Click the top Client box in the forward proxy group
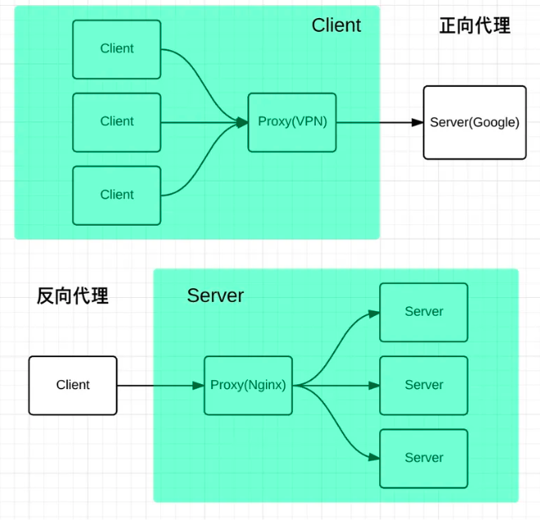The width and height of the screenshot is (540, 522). coord(117,49)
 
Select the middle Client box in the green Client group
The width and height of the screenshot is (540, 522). coord(117,122)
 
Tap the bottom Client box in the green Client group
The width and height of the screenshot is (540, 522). coord(117,195)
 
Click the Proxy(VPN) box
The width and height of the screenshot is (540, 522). coord(292,122)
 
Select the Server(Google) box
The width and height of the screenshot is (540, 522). coord(474,122)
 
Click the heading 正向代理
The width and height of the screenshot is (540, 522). coord(474,26)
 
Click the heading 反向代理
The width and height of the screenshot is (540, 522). coord(72,296)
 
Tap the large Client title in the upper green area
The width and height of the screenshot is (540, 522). coord(336,25)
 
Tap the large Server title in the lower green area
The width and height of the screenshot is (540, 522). coord(215,295)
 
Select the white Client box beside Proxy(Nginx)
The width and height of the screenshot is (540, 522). coord(73,385)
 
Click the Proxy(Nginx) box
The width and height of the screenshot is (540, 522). coord(248,385)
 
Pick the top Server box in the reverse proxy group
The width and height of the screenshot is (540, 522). coord(423,312)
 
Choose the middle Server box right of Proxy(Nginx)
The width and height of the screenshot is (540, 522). coord(423,385)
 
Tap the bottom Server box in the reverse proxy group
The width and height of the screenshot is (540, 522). coord(423,458)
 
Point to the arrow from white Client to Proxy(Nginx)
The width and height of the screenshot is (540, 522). coord(160,385)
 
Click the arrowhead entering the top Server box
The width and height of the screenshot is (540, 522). coord(373,313)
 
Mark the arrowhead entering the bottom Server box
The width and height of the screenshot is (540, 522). coord(373,458)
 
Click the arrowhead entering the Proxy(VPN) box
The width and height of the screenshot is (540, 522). coord(242,122)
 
